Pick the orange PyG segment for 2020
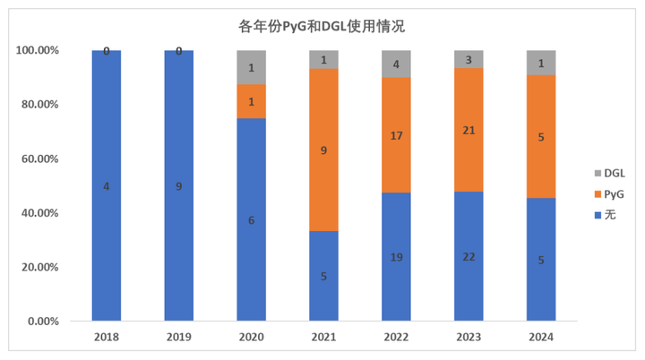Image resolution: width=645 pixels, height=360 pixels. pos(251,101)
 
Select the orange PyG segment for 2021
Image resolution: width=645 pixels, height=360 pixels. pos(323,150)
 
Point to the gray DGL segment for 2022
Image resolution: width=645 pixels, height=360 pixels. pos(396,64)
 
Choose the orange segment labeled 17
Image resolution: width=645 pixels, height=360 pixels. pos(396,135)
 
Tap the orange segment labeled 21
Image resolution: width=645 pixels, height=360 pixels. pos(469,130)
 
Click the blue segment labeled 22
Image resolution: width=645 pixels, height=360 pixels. pos(469,256)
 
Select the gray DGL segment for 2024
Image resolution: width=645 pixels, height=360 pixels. pos(540,63)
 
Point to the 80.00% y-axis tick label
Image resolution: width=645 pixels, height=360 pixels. pos(39,105)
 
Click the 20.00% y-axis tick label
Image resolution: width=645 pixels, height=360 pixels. pos(39,267)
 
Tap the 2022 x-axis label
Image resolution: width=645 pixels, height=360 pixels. pos(396,338)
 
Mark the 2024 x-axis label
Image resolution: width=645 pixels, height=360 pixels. pos(540,338)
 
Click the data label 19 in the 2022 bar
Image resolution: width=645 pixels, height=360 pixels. pos(396,256)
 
